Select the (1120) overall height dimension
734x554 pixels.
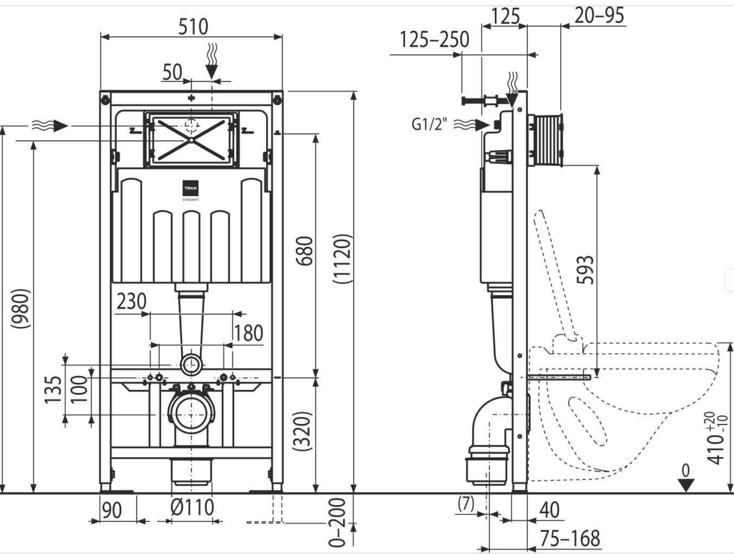(342, 259)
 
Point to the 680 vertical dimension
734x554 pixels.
(305, 251)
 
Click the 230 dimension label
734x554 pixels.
(131, 301)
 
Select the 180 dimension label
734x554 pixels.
(248, 333)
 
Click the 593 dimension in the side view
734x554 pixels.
(585, 270)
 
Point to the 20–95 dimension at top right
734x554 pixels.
(599, 15)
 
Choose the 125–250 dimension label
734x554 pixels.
(434, 39)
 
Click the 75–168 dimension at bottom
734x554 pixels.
(570, 538)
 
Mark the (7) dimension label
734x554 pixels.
(466, 504)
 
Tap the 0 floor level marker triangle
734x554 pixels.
(686, 485)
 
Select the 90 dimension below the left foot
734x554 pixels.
(112, 510)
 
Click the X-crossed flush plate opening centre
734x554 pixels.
(191, 140)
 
